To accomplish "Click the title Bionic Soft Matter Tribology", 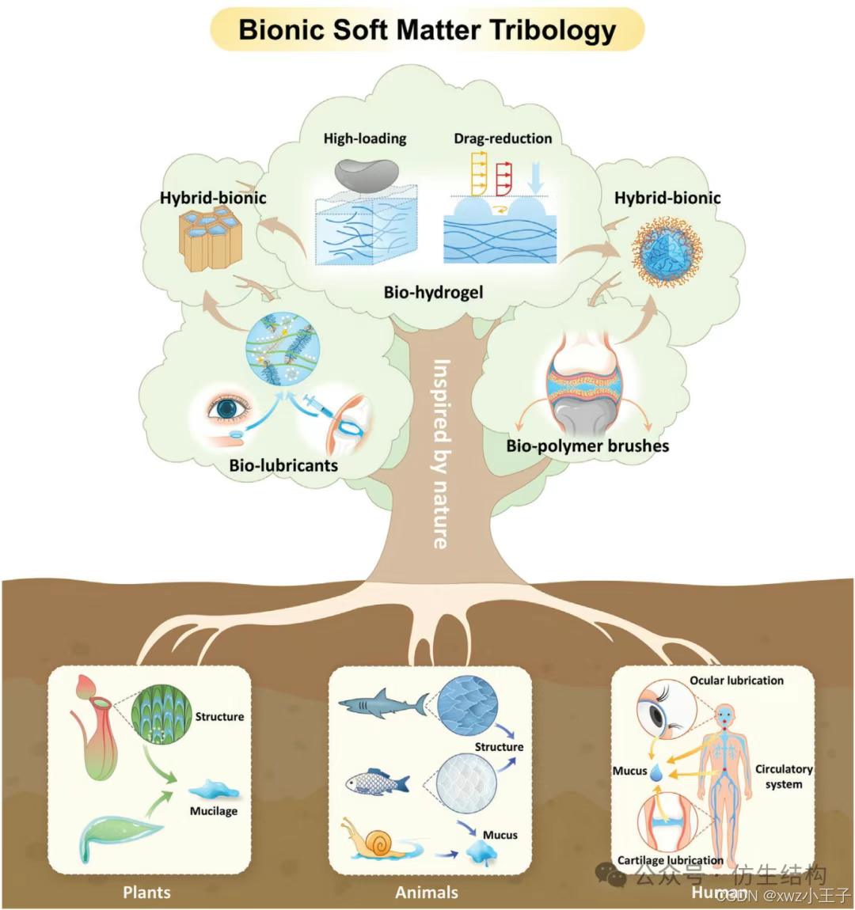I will coord(427,30).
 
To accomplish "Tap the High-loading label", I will coord(364,138).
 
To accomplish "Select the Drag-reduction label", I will coord(503,138).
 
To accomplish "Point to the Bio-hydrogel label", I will coord(433,292).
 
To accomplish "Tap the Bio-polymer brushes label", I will coord(587,446).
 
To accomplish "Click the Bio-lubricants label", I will coord(283,465).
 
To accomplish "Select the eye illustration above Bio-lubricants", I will coord(228,408).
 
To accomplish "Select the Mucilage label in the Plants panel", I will coord(213,811).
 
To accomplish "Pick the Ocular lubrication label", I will coord(736,681).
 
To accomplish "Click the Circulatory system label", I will coord(783,776).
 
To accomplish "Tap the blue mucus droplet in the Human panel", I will coord(656,777).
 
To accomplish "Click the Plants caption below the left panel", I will coord(146,893).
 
